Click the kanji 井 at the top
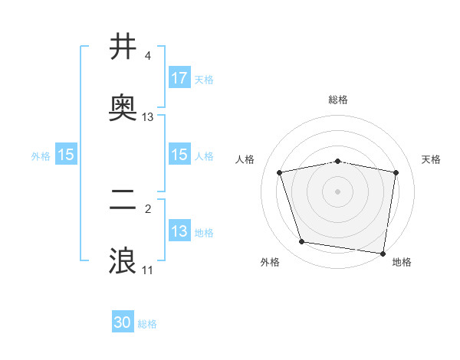[x=123, y=47]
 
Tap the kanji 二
[x=123, y=201]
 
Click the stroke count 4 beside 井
[x=148, y=56]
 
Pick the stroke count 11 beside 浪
[x=148, y=270]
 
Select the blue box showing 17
[x=179, y=78]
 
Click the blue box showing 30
[x=123, y=323]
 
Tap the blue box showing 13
[x=179, y=231]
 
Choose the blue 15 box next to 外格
[x=66, y=155]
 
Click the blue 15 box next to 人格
[x=179, y=155]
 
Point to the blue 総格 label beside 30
[x=147, y=324]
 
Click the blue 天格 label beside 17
[x=204, y=79]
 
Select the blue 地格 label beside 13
[x=204, y=232]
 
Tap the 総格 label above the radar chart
[x=338, y=100]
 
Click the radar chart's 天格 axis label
[x=432, y=159]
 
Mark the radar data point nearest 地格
[x=383, y=253]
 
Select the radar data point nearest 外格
[x=301, y=242]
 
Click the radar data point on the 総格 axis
[x=338, y=161]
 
